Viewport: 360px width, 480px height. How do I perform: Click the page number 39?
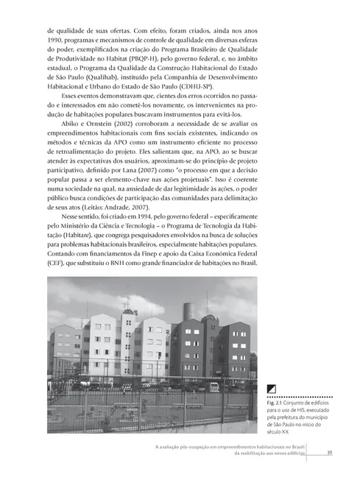point(331,452)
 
